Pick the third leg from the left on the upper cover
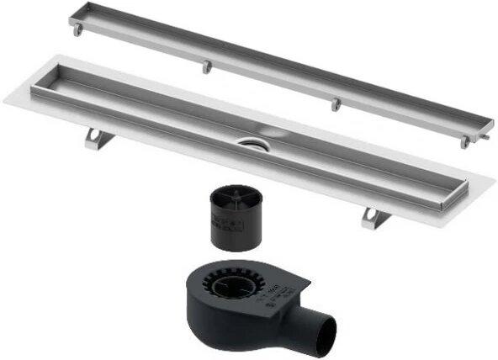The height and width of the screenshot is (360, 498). point(336,104)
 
